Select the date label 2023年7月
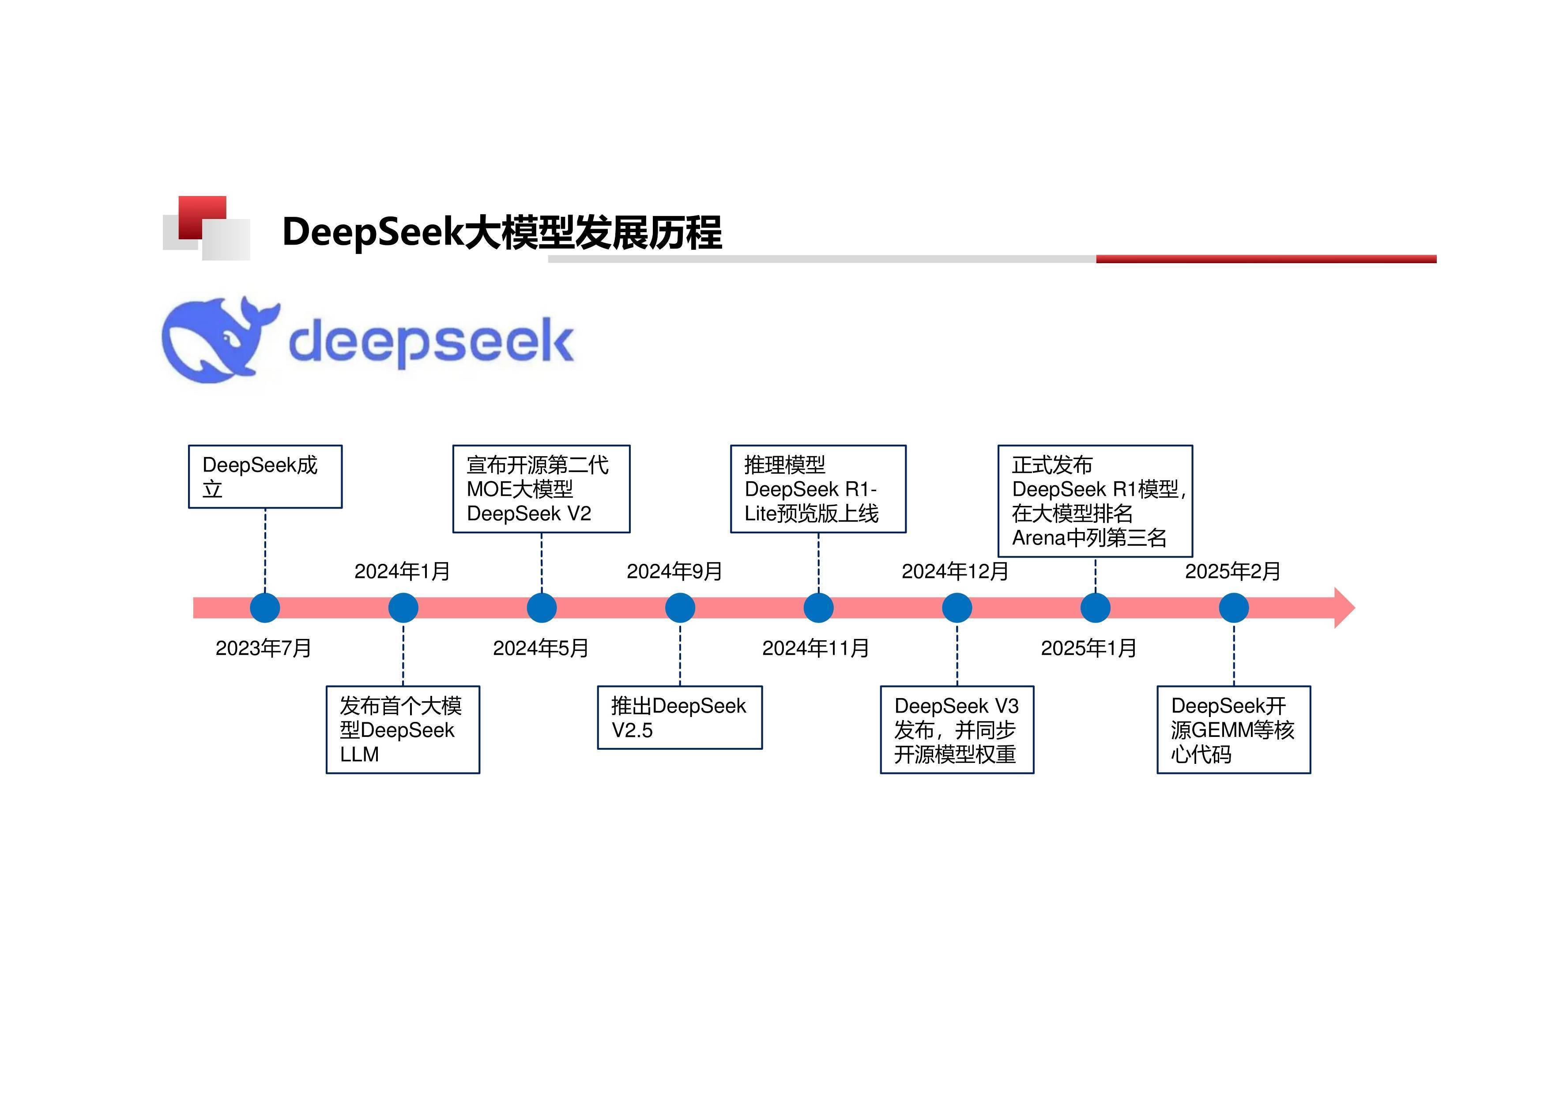[263, 648]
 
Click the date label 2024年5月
[541, 648]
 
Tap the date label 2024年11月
[815, 648]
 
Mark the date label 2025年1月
[1089, 648]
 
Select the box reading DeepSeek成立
[265, 477]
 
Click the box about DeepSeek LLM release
[403, 729]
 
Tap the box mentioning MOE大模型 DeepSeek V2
[541, 489]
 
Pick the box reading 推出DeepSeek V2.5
[680, 717]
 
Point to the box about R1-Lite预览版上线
[818, 489]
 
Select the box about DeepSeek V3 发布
[957, 729]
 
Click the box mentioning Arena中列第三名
[1095, 501]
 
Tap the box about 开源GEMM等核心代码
[1233, 729]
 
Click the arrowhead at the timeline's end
[1343, 608]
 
